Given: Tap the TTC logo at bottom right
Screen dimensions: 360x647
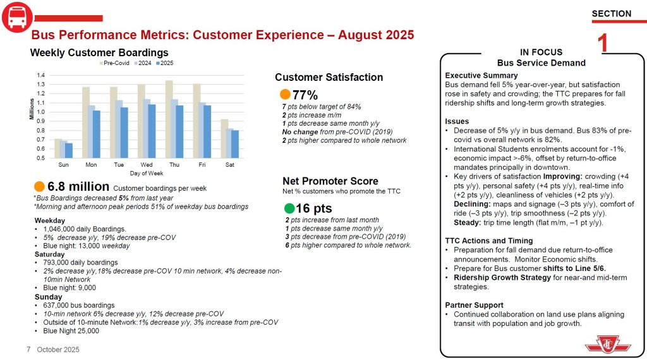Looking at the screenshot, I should click(603, 345).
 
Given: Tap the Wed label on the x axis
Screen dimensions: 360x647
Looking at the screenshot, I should click(146, 164).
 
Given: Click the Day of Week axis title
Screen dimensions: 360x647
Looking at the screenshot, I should click(147, 172).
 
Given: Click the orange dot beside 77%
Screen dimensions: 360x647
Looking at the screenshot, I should click(285, 95).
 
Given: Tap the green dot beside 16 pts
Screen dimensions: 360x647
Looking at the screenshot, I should click(289, 208).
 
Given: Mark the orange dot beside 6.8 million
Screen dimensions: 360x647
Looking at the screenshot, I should click(39, 186).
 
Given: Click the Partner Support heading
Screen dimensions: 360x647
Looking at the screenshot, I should click(474, 305).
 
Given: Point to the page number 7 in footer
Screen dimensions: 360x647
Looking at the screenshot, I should click(28, 349).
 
